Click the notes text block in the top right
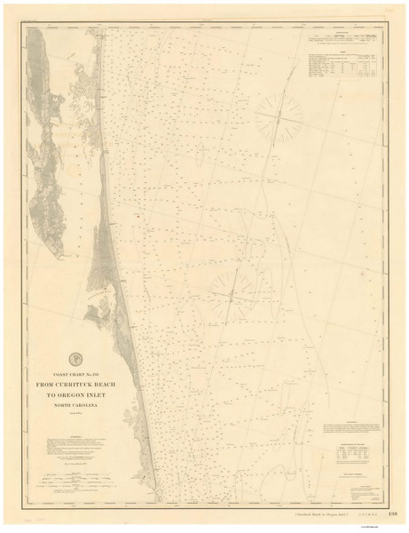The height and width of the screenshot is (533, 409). (346, 41)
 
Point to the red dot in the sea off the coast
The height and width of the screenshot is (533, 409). (139, 215)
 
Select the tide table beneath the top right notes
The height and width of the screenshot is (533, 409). (346, 67)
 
